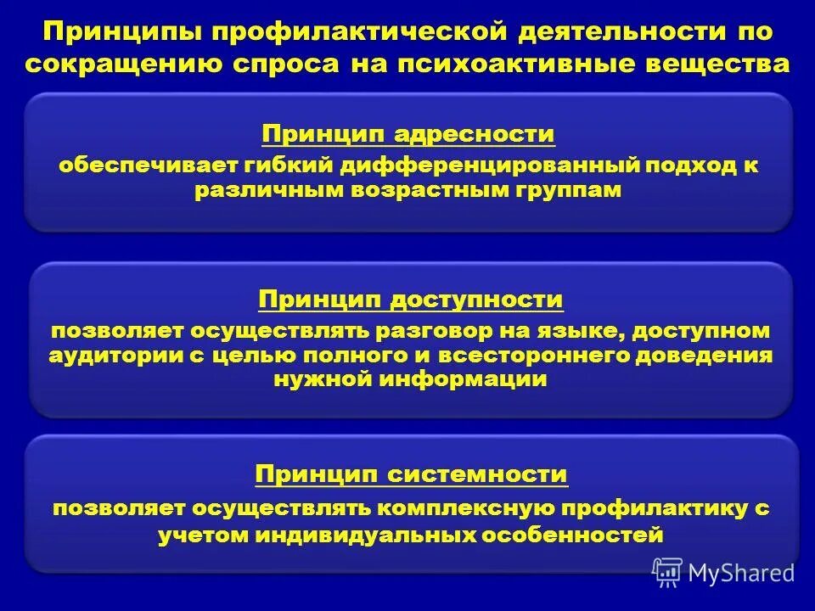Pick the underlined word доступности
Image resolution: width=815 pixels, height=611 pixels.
pyautogui.click(x=476, y=300)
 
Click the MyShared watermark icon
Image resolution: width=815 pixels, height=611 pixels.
pyautogui.click(x=667, y=572)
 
